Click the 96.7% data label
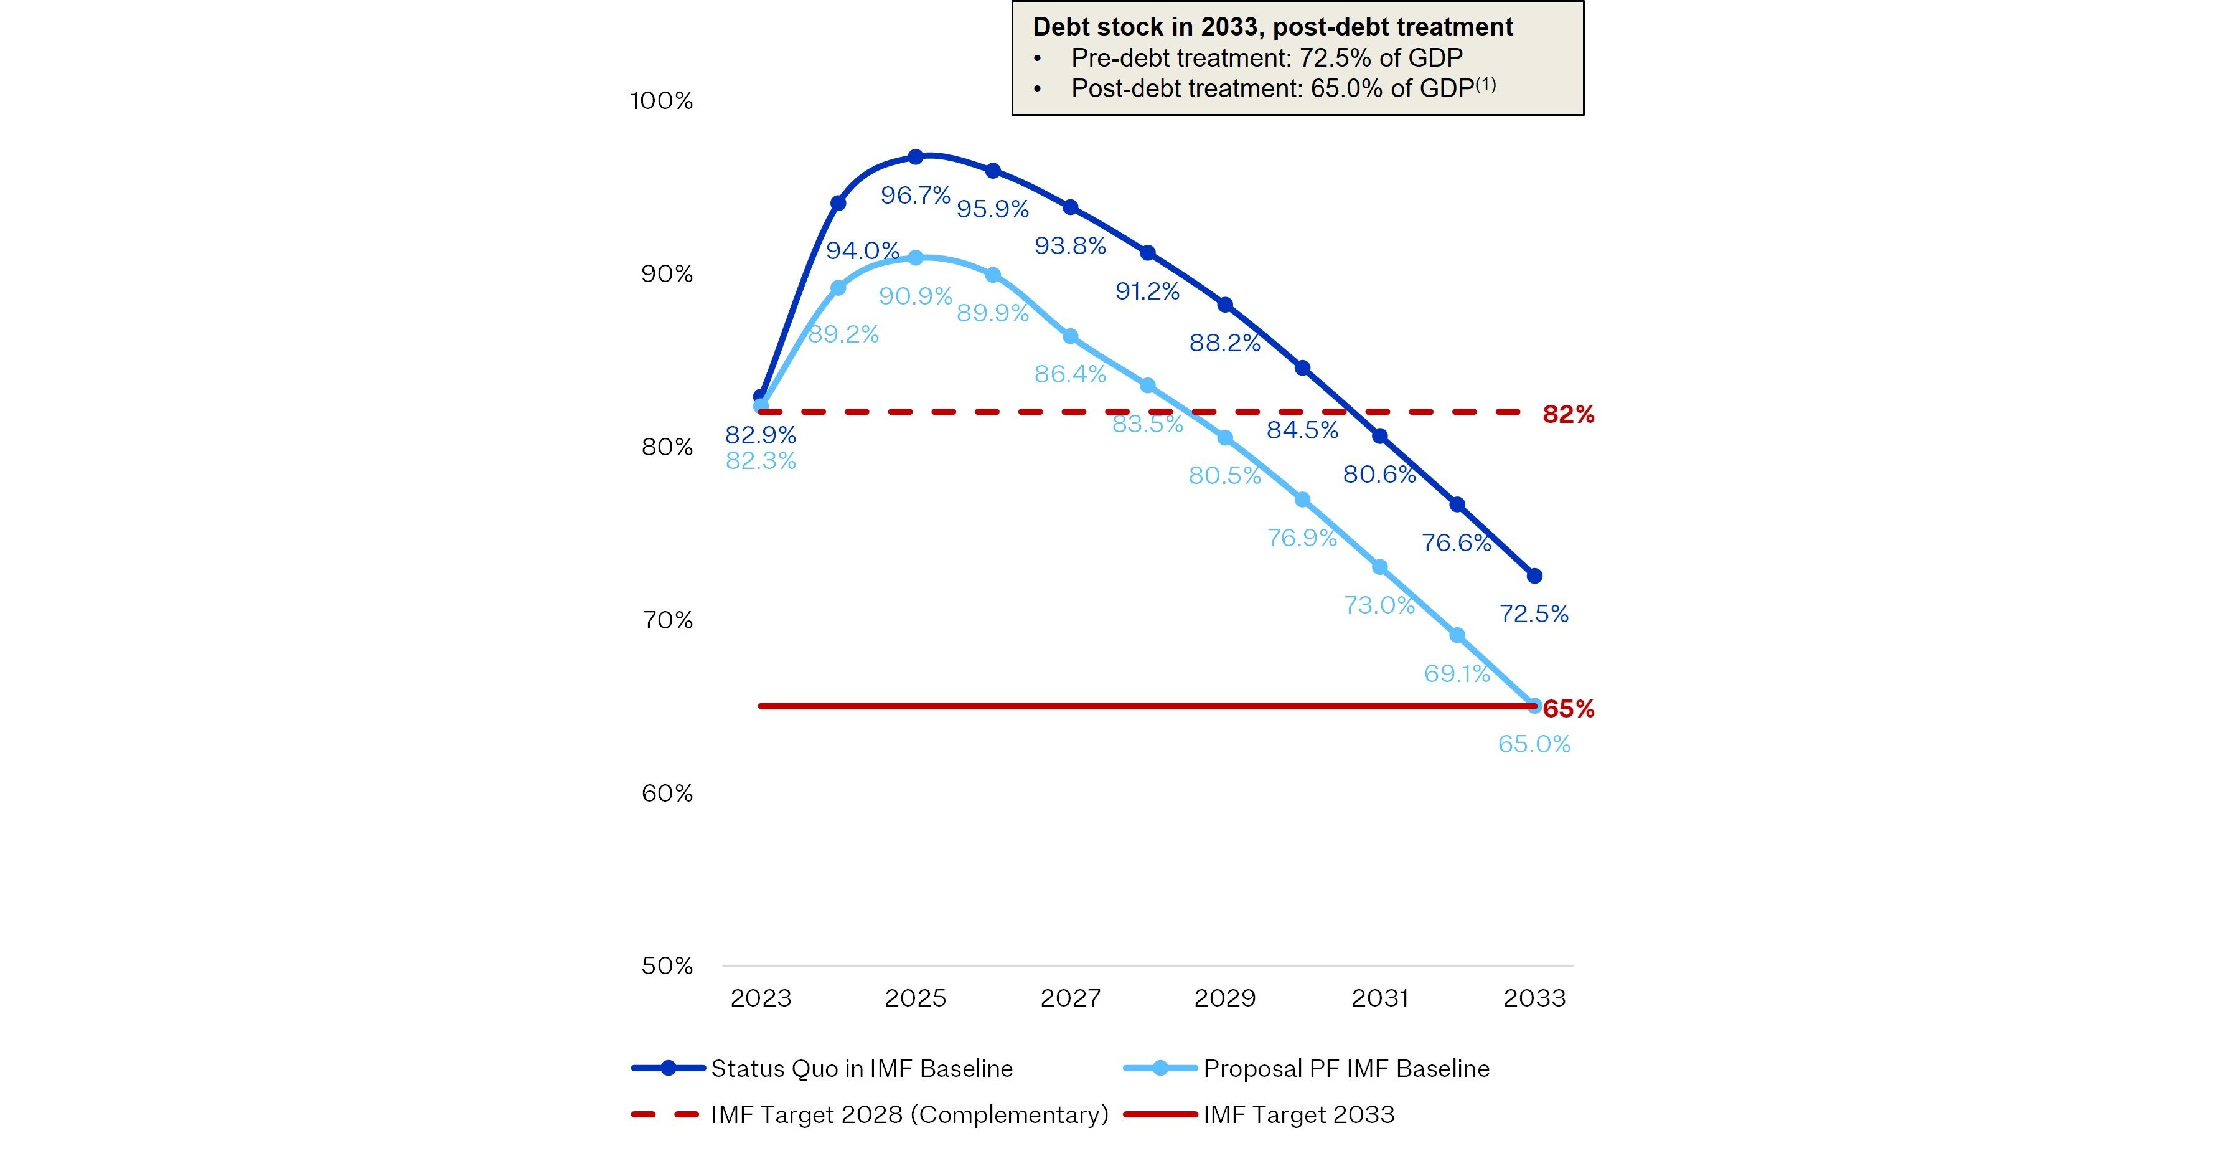(x=915, y=196)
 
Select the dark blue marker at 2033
(x=1534, y=576)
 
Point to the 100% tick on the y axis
(x=662, y=101)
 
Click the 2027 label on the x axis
(x=1070, y=998)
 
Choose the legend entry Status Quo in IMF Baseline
(x=822, y=1068)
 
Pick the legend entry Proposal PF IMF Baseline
(x=1307, y=1068)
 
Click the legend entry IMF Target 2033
(x=1259, y=1114)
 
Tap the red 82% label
(x=1568, y=415)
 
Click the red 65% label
(x=1568, y=709)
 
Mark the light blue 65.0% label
(x=1534, y=744)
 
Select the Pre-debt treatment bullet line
(x=1247, y=58)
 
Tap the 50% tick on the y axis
(x=667, y=965)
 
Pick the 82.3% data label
(x=761, y=462)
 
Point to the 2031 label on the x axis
(x=1380, y=998)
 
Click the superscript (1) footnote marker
(x=1486, y=83)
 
